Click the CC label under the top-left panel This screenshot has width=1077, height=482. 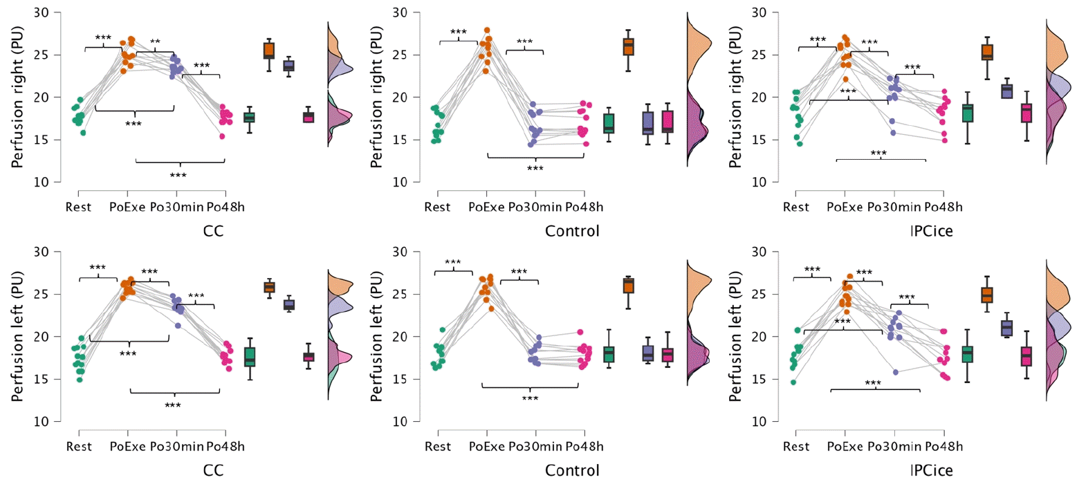point(213,231)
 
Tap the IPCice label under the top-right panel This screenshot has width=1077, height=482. point(931,231)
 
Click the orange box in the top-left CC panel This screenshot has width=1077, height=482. point(269,50)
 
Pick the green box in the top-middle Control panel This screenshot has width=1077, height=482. point(609,124)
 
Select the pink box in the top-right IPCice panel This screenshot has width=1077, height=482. point(1027,113)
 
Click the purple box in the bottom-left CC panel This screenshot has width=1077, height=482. point(289,305)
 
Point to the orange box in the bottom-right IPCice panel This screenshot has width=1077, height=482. point(987,295)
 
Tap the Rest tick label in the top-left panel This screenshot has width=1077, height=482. point(78,207)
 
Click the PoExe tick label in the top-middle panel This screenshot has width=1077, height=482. point(486,207)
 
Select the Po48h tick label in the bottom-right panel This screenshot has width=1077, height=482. point(943,447)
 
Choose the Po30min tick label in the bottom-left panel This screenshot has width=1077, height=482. point(177,447)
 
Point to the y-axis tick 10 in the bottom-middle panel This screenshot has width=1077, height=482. point(400,421)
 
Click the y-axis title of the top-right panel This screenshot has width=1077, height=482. point(735,97)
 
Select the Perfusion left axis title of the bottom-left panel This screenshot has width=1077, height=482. point(17,336)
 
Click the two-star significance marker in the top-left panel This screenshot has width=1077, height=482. point(155,42)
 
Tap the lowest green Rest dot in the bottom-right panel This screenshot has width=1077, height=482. point(793,382)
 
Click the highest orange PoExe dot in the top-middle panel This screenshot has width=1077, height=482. point(487,30)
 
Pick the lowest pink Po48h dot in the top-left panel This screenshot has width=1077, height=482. point(222,136)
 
